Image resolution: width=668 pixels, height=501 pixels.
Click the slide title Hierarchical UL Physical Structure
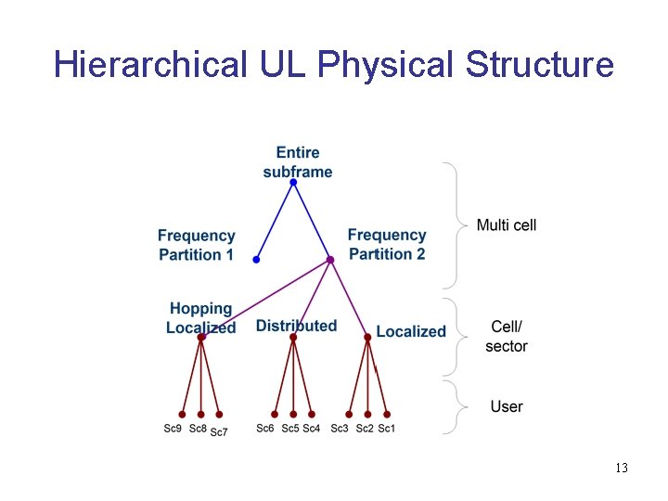[334, 65]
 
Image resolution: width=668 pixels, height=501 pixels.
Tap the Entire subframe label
[297, 161]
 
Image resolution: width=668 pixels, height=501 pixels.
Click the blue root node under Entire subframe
[293, 183]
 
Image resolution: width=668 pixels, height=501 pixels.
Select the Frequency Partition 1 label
[196, 245]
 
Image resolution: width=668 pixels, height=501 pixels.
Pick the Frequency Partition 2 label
[387, 244]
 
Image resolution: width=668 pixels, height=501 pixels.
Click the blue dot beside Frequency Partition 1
[255, 261]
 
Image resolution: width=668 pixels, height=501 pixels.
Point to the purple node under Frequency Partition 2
[329, 261]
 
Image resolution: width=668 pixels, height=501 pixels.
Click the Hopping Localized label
[200, 317]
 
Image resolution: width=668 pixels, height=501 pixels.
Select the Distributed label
[296, 326]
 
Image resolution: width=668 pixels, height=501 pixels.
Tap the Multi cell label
[506, 225]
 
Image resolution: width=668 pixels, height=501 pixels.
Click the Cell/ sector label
[507, 336]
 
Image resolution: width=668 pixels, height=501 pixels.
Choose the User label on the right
[507, 406]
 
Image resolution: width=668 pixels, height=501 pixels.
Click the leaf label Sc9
[173, 429]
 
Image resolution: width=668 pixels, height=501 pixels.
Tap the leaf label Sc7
[218, 431]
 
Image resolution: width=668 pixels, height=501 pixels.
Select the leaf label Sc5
[289, 429]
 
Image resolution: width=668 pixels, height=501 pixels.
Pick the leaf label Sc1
[386, 429]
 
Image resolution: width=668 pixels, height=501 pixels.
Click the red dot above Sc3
[349, 414]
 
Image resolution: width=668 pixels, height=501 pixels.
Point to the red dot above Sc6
[275, 414]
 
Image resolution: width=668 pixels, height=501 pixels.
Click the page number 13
[621, 469]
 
